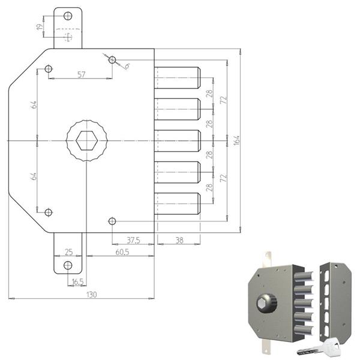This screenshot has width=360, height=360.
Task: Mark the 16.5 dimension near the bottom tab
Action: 77,281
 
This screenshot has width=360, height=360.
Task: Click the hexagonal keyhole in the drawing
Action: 86,141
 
